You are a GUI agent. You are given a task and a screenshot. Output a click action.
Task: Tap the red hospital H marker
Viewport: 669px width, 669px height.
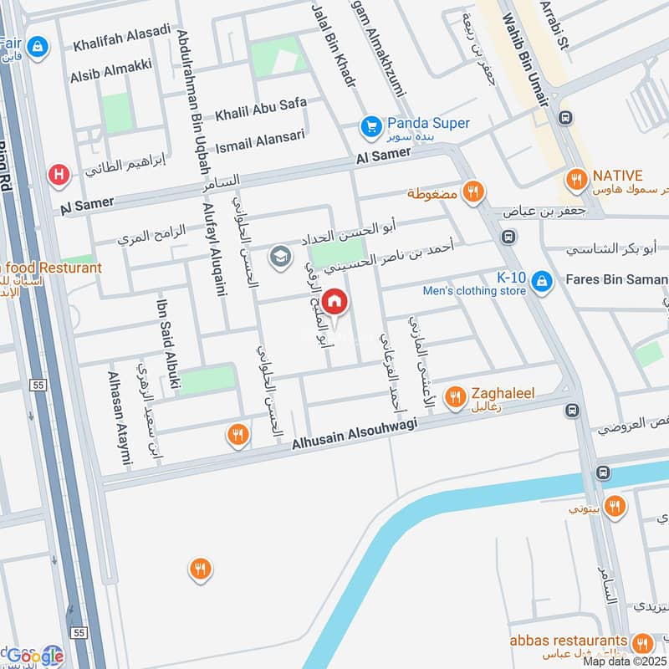tap(59, 175)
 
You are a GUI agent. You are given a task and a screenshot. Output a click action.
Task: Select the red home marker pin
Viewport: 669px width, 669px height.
tap(334, 301)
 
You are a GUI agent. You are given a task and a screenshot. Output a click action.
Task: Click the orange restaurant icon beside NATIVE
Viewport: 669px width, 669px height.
tap(575, 177)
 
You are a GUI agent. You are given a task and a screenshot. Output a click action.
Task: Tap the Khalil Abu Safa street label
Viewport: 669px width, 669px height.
tap(261, 109)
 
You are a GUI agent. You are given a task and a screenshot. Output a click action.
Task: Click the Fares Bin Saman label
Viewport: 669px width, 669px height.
tap(617, 278)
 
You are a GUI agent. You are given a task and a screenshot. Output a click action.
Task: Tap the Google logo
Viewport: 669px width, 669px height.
tap(35, 655)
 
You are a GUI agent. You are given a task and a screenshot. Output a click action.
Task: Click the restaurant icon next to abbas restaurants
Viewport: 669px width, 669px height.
tap(642, 643)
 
